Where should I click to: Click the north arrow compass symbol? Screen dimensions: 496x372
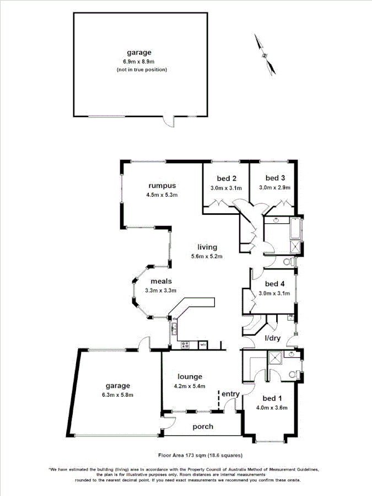(265, 54)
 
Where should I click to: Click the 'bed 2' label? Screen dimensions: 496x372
(227, 178)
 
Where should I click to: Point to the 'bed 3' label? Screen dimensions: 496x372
(275, 177)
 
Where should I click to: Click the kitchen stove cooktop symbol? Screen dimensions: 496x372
(185, 345)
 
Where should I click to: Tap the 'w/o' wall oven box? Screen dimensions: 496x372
(203, 345)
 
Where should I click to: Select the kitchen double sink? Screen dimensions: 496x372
(173, 328)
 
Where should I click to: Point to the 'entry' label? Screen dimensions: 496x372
(231, 394)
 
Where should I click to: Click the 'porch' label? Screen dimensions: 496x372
(202, 427)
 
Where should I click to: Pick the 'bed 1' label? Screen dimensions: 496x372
(272, 398)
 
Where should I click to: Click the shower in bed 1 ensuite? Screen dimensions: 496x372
(274, 358)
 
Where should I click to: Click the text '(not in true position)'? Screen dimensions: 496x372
(142, 69)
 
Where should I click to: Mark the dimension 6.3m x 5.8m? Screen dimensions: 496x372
(116, 395)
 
